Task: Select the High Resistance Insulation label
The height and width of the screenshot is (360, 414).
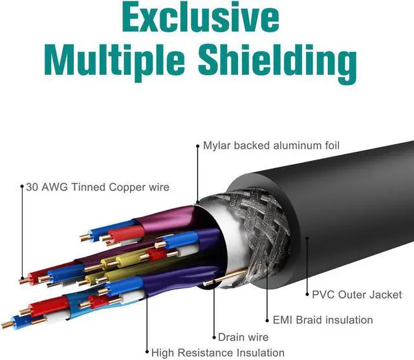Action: (x=217, y=353)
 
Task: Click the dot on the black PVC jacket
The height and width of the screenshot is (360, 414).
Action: (x=307, y=238)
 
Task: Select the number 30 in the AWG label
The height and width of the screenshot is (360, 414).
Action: (x=31, y=187)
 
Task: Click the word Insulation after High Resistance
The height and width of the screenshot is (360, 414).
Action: (x=259, y=353)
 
